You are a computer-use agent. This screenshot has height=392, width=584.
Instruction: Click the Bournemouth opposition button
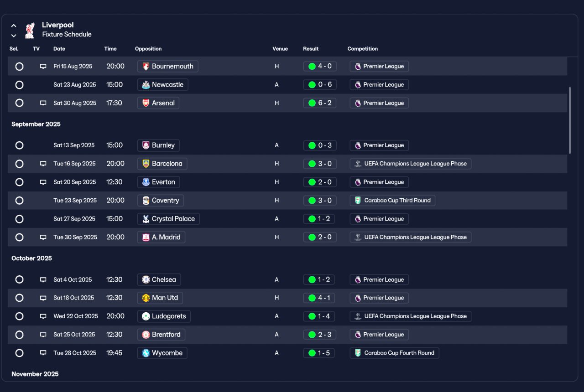[x=167, y=66]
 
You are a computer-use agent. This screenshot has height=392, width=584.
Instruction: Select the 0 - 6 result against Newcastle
[x=320, y=85]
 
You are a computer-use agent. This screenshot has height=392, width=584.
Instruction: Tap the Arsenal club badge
[x=146, y=103]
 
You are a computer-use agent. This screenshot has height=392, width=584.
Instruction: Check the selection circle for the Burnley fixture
[x=19, y=145]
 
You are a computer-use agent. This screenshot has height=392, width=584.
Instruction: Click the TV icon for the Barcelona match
[x=43, y=164]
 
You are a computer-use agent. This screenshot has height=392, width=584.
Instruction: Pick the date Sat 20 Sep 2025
[x=74, y=182]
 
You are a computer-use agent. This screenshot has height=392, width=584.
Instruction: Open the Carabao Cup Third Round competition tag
[x=392, y=200]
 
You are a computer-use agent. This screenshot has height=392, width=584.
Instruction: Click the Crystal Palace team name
[x=173, y=219]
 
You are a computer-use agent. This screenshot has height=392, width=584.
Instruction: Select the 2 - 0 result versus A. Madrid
[x=320, y=237]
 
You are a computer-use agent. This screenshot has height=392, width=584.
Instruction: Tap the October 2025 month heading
[x=31, y=258]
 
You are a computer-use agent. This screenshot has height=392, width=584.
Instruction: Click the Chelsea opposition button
[x=159, y=279]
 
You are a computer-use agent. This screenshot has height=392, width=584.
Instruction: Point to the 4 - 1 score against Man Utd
[x=319, y=298]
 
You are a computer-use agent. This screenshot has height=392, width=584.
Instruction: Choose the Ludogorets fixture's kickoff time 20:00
[x=115, y=316]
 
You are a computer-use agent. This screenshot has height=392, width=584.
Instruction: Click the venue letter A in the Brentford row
[x=276, y=335]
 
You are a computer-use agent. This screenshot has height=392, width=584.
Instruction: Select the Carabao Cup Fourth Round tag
[x=394, y=353]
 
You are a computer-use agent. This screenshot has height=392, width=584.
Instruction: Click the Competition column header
[x=362, y=49]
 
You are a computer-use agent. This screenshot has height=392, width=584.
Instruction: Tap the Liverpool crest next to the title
[x=30, y=31]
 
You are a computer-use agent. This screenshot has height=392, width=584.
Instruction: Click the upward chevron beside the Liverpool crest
[x=14, y=26]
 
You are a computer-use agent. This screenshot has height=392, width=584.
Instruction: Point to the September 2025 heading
[x=36, y=124]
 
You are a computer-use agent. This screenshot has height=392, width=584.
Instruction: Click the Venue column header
[x=280, y=49]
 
